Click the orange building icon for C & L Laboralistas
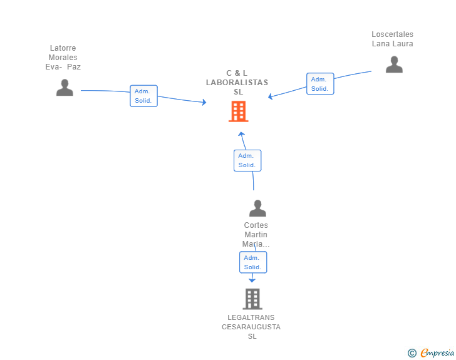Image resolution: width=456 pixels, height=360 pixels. coord(239,111)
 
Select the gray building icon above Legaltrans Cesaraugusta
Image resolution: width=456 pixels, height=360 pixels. coord(252,299)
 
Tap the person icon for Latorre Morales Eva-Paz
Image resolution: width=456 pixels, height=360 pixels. coord(65,88)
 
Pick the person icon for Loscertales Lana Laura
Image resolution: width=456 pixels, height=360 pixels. coord(394,64)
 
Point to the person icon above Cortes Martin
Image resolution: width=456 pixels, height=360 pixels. coord(257,208)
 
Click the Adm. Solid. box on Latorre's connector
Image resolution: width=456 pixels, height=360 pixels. coord(143,96)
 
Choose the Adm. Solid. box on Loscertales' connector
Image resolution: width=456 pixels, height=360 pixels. coord(320,84)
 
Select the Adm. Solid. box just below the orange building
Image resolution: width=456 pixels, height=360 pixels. coord(247,160)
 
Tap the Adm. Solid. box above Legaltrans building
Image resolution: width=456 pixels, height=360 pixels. coord(253,262)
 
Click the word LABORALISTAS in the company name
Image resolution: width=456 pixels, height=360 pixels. coord(237,83)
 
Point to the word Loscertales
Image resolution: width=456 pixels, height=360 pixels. coord(392,34)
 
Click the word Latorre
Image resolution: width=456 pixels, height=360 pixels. coord(63,48)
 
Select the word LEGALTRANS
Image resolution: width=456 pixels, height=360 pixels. coord(251,317)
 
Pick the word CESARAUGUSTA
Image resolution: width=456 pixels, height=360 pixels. coord(251,327)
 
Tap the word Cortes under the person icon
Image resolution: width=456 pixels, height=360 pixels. coord(256,225)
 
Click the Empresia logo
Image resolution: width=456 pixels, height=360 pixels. coord(437,353)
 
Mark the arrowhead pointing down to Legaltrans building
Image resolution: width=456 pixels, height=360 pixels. coord(252,280)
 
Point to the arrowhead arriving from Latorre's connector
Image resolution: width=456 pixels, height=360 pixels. coord(204,102)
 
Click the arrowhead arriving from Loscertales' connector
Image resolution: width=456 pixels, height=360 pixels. coord(270,96)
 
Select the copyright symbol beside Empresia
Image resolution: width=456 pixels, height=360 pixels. coord(412,353)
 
